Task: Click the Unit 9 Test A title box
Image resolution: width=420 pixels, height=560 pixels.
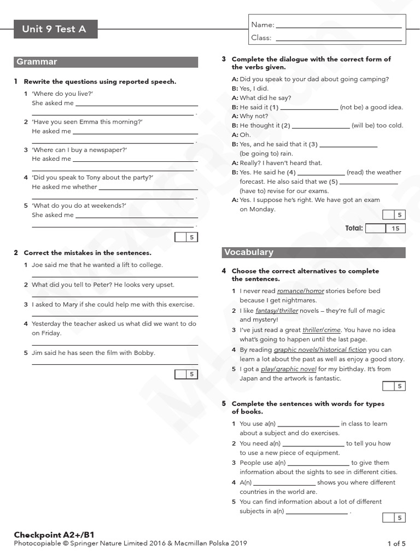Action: [x=55, y=29]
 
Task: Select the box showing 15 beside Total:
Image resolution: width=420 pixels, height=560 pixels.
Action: [x=395, y=229]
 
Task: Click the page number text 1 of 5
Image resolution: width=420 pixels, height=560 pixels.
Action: [x=396, y=544]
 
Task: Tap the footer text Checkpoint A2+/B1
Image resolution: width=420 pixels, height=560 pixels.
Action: [x=50, y=534]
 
